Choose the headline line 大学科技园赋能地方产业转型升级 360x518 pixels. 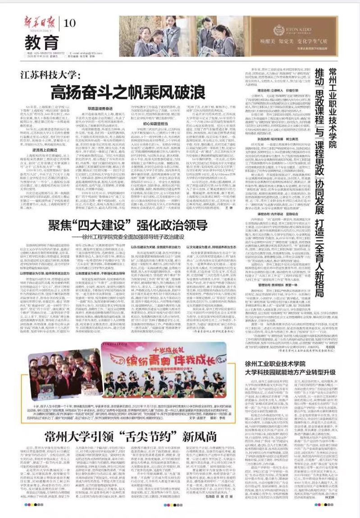290,373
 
